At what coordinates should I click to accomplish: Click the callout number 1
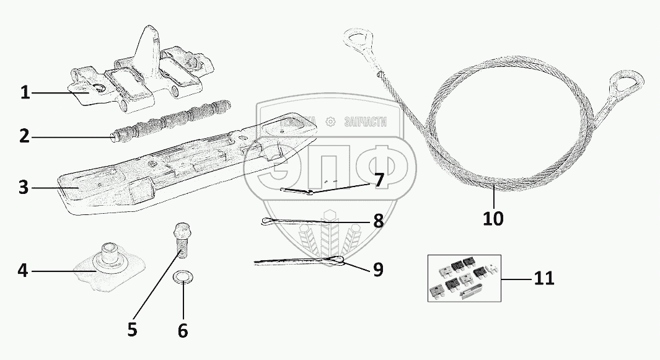tap(24, 93)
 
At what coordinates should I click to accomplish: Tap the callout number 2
tap(24, 136)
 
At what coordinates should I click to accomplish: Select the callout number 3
tap(24, 188)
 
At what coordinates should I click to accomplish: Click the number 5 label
tap(132, 329)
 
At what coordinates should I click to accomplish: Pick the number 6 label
tap(182, 330)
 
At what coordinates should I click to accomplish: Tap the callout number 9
tap(378, 270)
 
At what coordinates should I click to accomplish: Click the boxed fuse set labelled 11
tap(464, 278)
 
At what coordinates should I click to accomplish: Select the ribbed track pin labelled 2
tap(170, 117)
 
